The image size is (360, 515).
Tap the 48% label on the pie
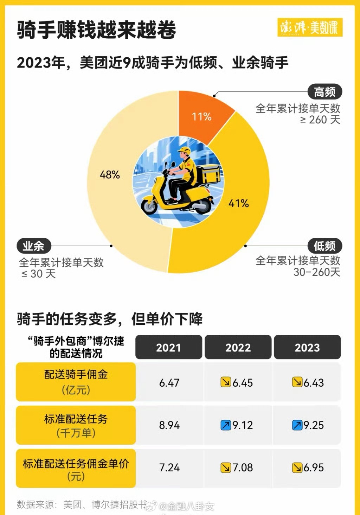coord(110,174)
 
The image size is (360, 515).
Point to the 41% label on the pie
coord(239,203)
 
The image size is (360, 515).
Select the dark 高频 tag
coord(324,92)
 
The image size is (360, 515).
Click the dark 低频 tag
coord(324,246)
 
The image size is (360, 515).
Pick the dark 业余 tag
coord(34,246)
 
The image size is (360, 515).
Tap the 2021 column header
coord(168,348)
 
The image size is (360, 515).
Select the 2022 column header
coord(238,348)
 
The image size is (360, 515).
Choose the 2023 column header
coord(307,348)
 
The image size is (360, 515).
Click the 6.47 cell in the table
coord(169,382)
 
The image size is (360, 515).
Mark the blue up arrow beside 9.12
coord(226,425)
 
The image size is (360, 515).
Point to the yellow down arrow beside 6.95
coord(297,468)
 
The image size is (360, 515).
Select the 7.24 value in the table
coord(169,468)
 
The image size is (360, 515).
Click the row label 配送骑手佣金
coord(76,375)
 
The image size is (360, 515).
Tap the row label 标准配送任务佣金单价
coord(76,464)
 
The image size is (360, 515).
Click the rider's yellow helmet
coord(184,151)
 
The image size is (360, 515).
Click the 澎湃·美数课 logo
coord(309,27)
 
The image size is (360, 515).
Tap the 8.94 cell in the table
coord(169,425)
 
